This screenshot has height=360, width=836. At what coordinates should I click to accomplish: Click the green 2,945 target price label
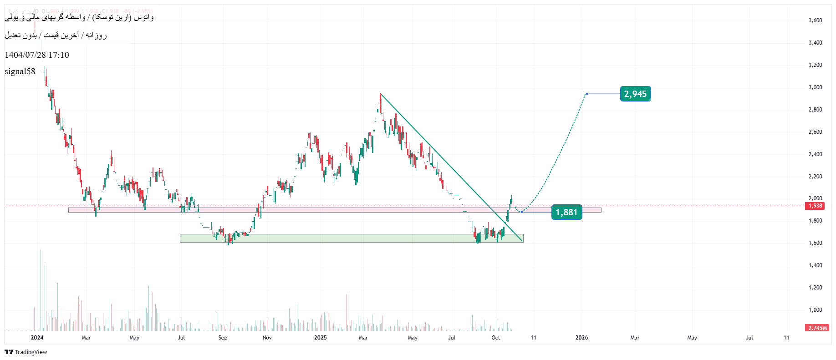click(635, 94)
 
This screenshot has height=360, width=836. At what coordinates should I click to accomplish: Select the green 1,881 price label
click(566, 212)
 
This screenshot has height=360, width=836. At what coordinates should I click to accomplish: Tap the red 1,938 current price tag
click(815, 206)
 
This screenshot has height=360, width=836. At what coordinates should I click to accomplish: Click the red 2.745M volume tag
click(818, 328)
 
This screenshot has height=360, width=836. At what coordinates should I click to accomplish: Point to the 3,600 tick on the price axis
click(815, 20)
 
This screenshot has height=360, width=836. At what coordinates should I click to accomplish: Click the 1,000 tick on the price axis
click(815, 310)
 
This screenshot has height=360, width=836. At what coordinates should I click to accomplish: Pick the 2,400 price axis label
click(815, 154)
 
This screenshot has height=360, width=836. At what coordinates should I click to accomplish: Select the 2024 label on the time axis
click(37, 338)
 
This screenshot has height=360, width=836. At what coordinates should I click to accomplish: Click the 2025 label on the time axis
click(321, 338)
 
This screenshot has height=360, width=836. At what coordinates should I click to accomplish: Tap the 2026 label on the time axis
click(581, 338)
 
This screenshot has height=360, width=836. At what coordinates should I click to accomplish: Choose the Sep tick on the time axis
click(223, 338)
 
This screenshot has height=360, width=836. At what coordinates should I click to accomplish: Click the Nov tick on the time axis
click(267, 338)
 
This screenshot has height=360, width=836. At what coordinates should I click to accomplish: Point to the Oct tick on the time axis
click(496, 338)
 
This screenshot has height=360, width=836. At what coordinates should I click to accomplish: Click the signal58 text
click(20, 71)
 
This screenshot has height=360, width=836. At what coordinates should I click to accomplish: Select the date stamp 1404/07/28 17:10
click(37, 55)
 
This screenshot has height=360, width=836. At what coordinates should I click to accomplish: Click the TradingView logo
click(26, 352)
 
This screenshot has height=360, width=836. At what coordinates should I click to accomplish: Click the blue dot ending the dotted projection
click(586, 94)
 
